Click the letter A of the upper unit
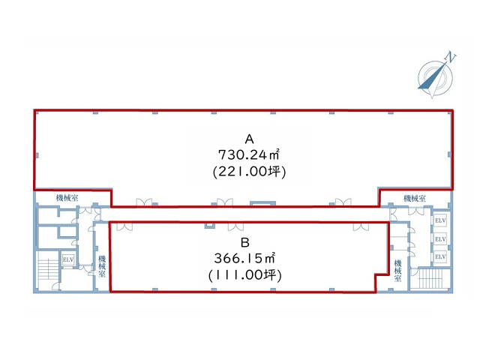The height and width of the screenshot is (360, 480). [x=250, y=139]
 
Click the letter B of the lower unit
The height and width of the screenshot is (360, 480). [x=245, y=243]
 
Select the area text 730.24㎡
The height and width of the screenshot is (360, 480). [x=249, y=155]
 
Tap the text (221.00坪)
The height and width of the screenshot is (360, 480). [x=250, y=172]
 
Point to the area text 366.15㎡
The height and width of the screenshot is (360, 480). [x=244, y=258]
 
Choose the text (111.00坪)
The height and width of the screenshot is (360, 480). [x=245, y=275]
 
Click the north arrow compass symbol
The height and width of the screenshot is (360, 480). [x=435, y=77]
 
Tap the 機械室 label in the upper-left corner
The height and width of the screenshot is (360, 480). [x=67, y=198]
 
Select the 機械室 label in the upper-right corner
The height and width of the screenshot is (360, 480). [x=415, y=198]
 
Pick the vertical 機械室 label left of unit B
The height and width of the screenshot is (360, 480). [x=102, y=266]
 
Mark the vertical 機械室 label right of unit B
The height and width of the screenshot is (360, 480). [x=398, y=271]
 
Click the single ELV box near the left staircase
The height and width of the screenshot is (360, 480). [x=68, y=260]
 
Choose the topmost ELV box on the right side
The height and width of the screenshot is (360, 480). [x=440, y=220]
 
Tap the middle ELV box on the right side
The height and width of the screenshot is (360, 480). [x=440, y=238]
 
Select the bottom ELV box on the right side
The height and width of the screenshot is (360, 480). [x=440, y=256]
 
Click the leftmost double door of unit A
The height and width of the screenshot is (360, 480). [x=144, y=202]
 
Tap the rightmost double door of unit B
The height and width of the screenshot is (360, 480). [x=361, y=226]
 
